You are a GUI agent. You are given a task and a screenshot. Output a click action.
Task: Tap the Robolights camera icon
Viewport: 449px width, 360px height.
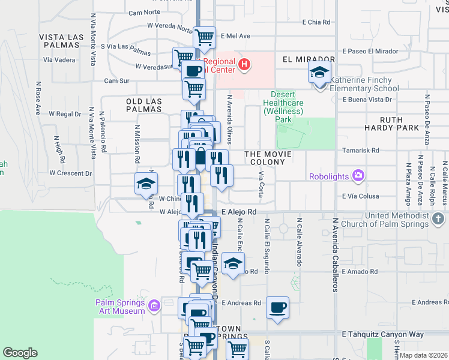pos(358,176)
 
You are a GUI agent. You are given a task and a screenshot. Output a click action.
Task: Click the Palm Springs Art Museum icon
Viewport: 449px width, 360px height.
pos(154,307)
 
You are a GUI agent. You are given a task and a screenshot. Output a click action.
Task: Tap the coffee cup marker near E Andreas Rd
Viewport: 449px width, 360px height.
pos(277,308)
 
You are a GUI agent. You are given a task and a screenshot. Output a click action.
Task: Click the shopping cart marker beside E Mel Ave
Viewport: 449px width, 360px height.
pos(205,37)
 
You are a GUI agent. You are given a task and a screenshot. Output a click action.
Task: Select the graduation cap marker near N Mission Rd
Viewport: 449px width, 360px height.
pos(145,184)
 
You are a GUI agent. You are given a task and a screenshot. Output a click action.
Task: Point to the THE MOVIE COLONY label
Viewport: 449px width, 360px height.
pos(268,158)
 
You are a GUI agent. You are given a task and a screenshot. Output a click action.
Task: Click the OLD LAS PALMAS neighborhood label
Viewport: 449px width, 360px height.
pos(144,106)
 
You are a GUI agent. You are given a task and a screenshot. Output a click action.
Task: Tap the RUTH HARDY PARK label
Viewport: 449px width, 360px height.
pos(391,124)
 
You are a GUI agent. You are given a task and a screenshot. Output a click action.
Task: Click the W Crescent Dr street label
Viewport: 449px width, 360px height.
pos(70,173)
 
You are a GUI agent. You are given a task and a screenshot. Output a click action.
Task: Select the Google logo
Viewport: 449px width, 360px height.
pos(20,353)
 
